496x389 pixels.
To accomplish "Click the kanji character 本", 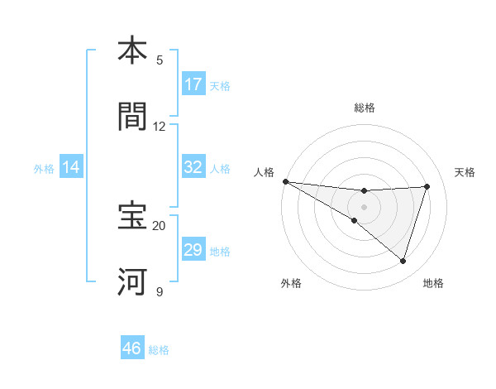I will [133, 50].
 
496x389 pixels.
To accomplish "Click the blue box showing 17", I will [193, 84].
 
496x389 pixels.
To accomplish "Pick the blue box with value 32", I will [193, 167].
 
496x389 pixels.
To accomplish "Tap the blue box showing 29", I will [193, 250].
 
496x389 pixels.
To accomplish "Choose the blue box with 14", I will [71, 167].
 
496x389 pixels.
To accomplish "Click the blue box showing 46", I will [132, 348].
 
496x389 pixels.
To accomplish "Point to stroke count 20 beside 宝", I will [160, 225].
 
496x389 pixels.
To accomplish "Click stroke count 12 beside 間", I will [160, 126].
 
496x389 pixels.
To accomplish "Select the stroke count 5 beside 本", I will [160, 60].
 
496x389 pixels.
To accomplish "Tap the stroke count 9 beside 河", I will [160, 291].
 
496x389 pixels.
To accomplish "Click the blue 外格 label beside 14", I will [44, 168].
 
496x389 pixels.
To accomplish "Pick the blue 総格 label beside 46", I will [159, 350].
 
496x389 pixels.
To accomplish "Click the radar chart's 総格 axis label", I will [365, 108].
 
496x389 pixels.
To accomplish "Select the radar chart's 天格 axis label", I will [465, 172].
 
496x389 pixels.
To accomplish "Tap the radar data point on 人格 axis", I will [285, 181].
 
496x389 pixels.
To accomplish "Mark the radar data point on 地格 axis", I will [403, 261].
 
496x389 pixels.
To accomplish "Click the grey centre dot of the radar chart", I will [365, 206].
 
